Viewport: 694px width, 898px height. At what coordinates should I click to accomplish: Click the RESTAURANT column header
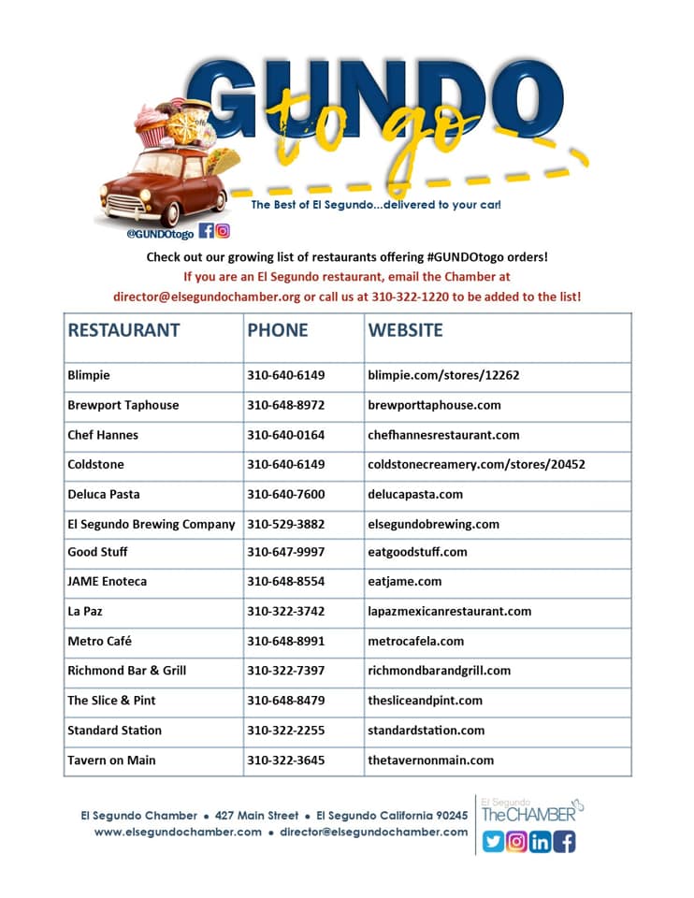pyautogui.click(x=123, y=330)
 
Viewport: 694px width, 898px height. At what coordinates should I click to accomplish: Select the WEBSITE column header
pyautogui.click(x=405, y=330)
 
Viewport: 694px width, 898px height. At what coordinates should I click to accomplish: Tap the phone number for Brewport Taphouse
pyautogui.click(x=285, y=405)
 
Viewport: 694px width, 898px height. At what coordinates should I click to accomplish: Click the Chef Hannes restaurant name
pyautogui.click(x=103, y=435)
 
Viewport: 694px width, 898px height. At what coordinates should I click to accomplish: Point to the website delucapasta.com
pyautogui.click(x=415, y=494)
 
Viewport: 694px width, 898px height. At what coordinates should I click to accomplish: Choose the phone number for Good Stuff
pyautogui.click(x=285, y=552)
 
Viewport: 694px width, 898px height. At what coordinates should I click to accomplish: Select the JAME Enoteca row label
pyautogui.click(x=107, y=581)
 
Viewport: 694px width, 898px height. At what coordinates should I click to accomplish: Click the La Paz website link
pyautogui.click(x=449, y=611)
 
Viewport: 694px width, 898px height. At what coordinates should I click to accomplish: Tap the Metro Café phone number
pyautogui.click(x=285, y=641)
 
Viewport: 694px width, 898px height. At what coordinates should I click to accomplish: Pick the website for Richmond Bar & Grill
pyautogui.click(x=439, y=670)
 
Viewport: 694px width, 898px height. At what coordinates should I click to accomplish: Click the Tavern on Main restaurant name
pyautogui.click(x=111, y=760)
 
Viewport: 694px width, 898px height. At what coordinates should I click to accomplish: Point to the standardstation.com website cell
pyautogui.click(x=426, y=730)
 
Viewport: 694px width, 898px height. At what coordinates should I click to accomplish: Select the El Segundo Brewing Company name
pyautogui.click(x=152, y=524)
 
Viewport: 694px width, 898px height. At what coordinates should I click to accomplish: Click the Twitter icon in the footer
pyautogui.click(x=492, y=842)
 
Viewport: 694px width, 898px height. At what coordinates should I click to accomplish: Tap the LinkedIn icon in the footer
pyautogui.click(x=541, y=842)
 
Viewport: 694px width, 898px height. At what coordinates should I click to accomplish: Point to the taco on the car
pyautogui.click(x=223, y=161)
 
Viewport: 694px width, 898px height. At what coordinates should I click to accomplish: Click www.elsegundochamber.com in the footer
pyautogui.click(x=178, y=832)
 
